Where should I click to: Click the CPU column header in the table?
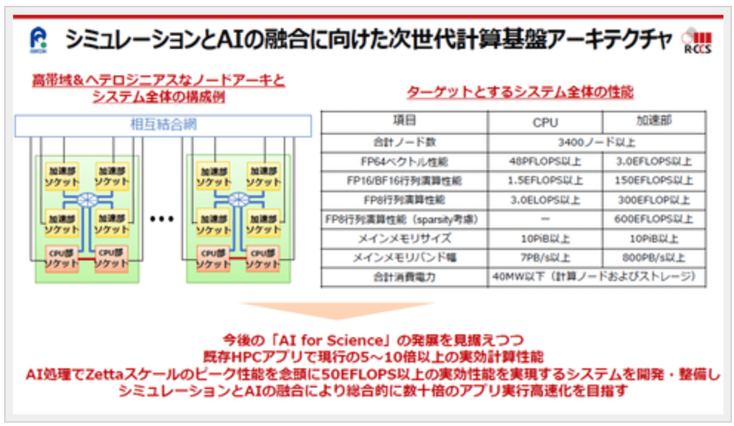click(545, 122)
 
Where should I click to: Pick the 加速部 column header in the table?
click(653, 122)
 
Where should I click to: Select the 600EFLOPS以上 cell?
click(653, 219)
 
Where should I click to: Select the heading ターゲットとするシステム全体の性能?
click(520, 93)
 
